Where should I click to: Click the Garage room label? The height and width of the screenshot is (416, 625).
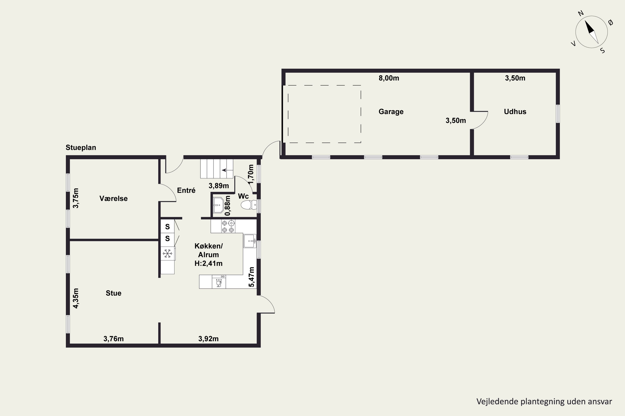pyautogui.click(x=391, y=112)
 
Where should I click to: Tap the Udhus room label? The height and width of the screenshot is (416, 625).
pyautogui.click(x=515, y=112)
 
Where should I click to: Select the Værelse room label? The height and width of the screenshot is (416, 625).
pyautogui.click(x=114, y=198)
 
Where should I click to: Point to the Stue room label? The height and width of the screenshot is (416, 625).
pyautogui.click(x=114, y=293)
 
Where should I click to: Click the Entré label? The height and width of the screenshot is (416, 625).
pyautogui.click(x=186, y=190)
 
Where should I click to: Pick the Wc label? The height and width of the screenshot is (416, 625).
pyautogui.click(x=243, y=196)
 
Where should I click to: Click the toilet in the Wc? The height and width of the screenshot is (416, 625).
pyautogui.click(x=249, y=205)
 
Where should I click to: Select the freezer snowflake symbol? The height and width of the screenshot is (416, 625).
pyautogui.click(x=167, y=253)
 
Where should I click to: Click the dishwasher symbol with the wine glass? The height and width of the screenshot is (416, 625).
pyautogui.click(x=219, y=283)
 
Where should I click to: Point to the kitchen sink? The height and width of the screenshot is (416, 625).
pyautogui.click(x=250, y=241)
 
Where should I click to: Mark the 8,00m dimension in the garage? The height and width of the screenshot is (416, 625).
pyautogui.click(x=389, y=78)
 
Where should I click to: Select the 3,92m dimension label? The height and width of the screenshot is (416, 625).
pyautogui.click(x=208, y=339)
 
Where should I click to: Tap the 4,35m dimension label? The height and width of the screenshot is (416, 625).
pyautogui.click(x=76, y=298)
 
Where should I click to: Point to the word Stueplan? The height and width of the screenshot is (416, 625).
pyautogui.click(x=81, y=147)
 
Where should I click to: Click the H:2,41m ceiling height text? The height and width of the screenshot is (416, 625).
pyautogui.click(x=209, y=264)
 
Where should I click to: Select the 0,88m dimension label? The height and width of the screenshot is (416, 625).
pyautogui.click(x=228, y=206)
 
